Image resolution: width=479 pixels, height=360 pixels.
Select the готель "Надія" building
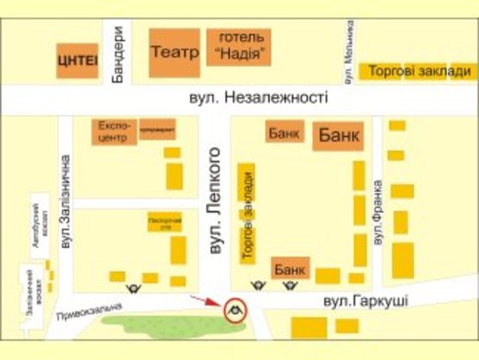(238, 47)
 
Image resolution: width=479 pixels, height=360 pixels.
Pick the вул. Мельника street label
(349, 53)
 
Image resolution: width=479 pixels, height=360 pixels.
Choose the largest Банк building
(338, 136)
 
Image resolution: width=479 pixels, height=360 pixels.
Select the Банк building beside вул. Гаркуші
(286, 270)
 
